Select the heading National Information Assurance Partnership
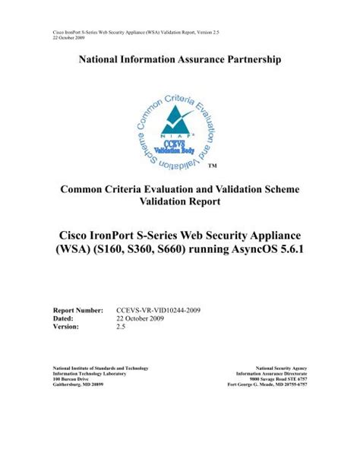pos(179,59)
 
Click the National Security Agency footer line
pos(281,367)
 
